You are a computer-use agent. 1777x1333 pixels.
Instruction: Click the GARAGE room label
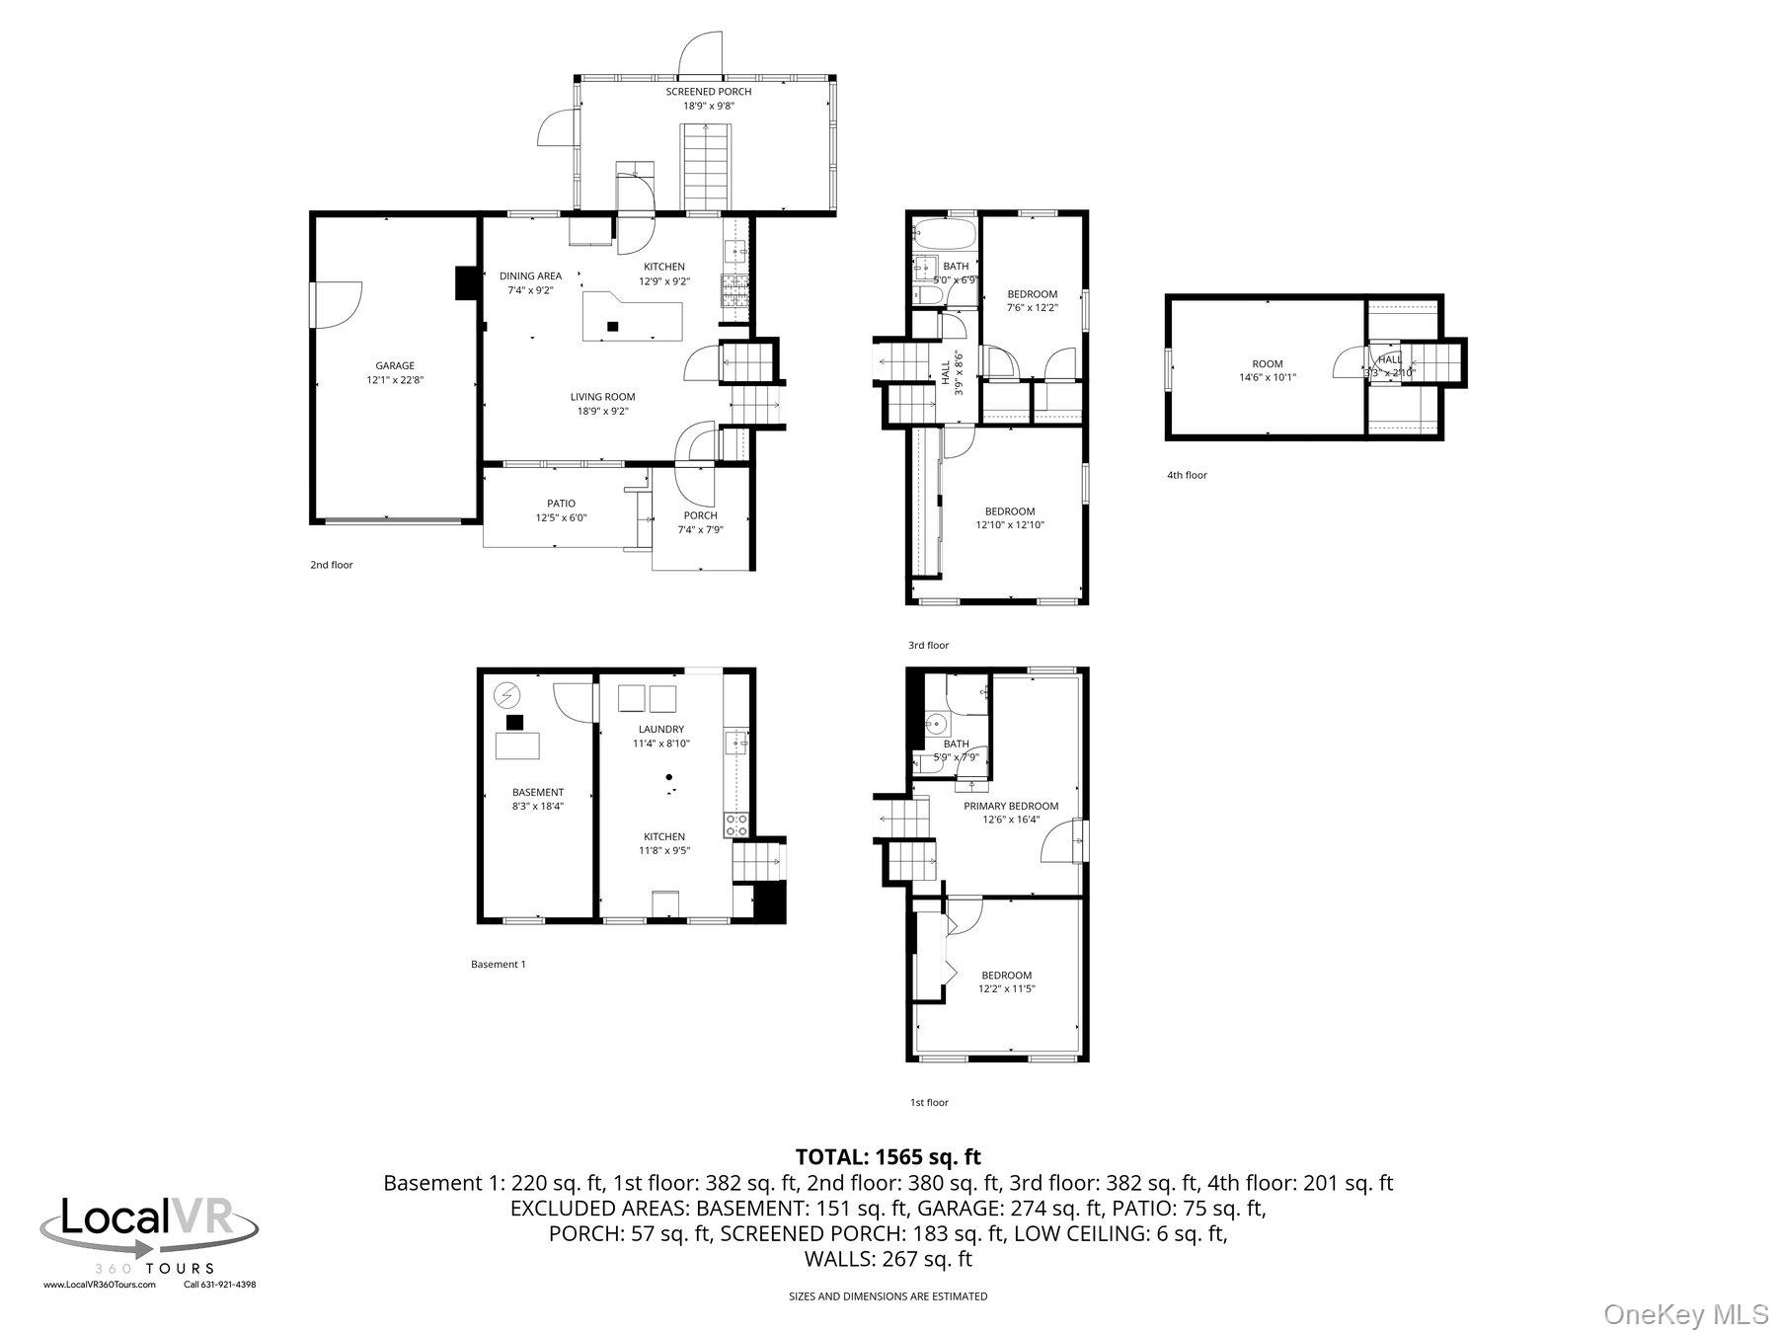point(395,365)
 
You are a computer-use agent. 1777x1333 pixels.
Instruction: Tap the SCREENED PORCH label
point(708,92)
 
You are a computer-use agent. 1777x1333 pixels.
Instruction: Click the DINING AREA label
point(530,276)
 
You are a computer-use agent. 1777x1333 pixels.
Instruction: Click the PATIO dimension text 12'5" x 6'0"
point(561,517)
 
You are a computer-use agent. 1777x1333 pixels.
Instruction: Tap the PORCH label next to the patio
point(700,515)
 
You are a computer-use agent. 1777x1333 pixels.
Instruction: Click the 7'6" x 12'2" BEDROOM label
point(1032,294)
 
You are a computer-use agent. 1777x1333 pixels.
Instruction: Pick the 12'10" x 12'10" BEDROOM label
point(1010,511)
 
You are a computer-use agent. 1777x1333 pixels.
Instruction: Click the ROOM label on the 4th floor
point(1268,364)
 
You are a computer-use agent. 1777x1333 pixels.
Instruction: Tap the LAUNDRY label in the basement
point(660,730)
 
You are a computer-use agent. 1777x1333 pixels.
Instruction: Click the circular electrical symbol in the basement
point(507,695)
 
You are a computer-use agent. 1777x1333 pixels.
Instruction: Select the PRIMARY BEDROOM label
point(1011,806)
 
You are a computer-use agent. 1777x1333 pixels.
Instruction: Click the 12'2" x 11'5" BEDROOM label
point(1006,976)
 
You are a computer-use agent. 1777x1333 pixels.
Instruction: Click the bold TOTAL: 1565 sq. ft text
point(888,1156)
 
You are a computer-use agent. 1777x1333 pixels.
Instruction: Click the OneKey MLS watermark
point(1685,1314)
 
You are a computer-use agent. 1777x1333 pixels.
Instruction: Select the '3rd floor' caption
point(928,645)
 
